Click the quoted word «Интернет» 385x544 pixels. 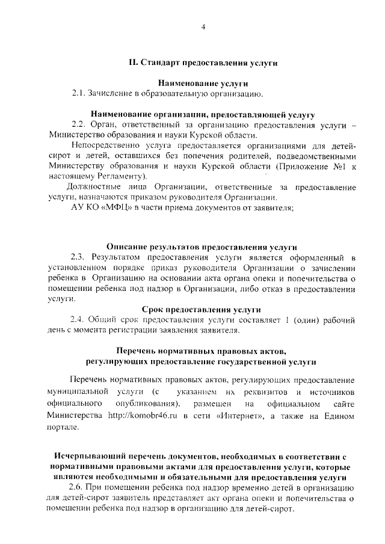235,415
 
